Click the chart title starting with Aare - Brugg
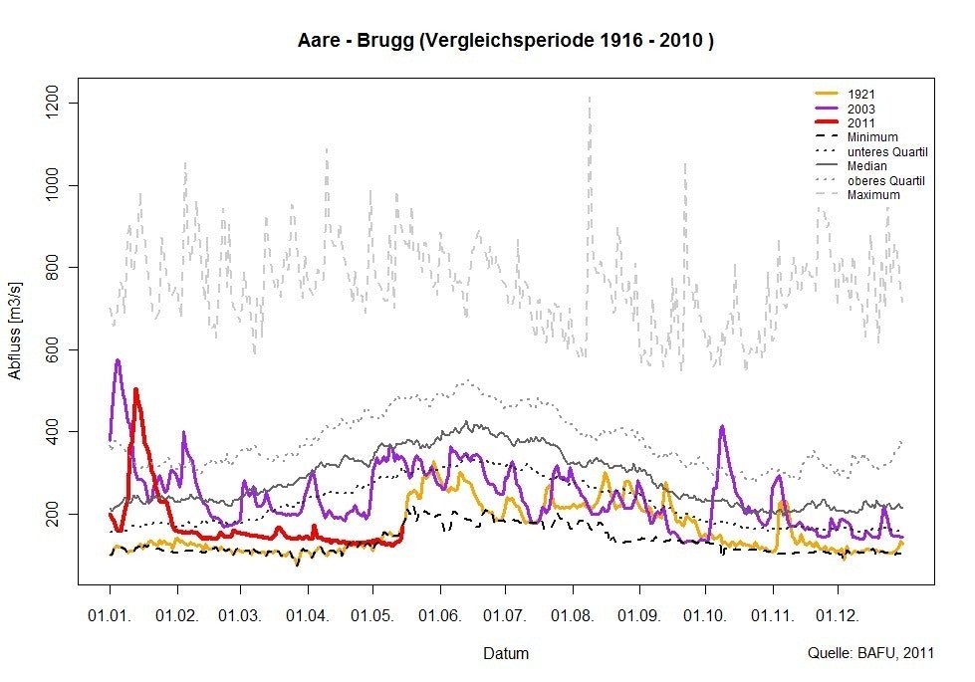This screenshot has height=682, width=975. tap(506, 42)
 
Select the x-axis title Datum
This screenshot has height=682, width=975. tap(506, 654)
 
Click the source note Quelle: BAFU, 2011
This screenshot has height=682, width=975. tap(871, 654)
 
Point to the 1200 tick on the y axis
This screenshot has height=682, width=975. tap(56, 104)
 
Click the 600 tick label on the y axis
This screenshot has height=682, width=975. tap(56, 349)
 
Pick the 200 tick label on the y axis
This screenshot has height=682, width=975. tap(56, 514)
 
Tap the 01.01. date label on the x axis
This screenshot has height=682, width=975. tap(110, 616)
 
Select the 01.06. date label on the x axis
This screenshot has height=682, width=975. tap(439, 616)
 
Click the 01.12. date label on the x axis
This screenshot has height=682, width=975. tap(837, 616)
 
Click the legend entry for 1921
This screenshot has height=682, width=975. tap(861, 94)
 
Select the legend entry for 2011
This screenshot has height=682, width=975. tap(861, 122)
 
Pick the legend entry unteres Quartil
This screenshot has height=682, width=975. tap(887, 151)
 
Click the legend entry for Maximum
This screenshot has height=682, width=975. tap(873, 195)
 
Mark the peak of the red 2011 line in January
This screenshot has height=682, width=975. tap(135, 389)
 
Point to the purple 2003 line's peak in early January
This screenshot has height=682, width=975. tap(118, 360)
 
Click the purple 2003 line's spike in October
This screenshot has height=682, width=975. tap(722, 426)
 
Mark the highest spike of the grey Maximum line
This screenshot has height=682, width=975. tap(589, 98)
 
